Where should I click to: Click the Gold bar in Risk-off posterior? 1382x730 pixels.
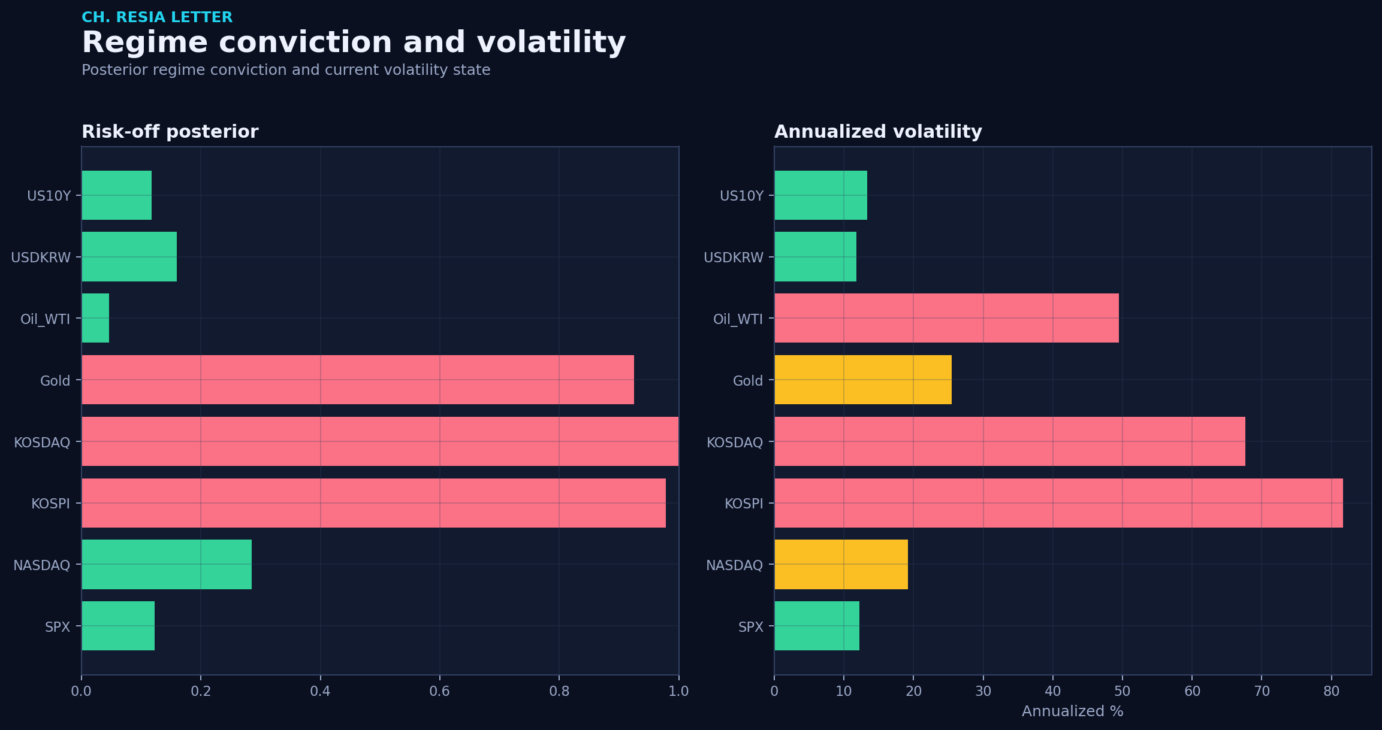[358, 380]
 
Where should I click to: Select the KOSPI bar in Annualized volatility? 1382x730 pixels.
[1058, 503]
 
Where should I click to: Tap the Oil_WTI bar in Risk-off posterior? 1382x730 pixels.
[96, 318]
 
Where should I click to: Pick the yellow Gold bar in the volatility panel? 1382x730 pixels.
[863, 380]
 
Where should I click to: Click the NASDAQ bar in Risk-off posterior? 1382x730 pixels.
[167, 564]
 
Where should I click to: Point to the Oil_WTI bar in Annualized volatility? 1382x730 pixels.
[946, 318]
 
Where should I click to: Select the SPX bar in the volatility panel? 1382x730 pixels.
[817, 626]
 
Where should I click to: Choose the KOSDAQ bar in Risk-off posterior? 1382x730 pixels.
[380, 441]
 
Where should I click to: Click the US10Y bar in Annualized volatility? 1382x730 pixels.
[820, 195]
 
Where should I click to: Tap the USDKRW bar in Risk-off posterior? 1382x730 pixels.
[129, 256]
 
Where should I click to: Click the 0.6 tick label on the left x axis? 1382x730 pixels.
[439, 692]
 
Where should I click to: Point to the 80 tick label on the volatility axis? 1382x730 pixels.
[1331, 692]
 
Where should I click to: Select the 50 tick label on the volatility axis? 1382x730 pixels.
[1123, 692]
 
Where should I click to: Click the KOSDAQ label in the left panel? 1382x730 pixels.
[42, 443]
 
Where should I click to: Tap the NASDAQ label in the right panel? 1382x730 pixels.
[734, 565]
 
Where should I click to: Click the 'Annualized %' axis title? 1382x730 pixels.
[1072, 711]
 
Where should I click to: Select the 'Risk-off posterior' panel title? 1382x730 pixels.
[170, 132]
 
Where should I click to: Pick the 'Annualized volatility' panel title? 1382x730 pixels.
[878, 132]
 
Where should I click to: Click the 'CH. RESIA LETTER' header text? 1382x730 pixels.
[157, 17]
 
